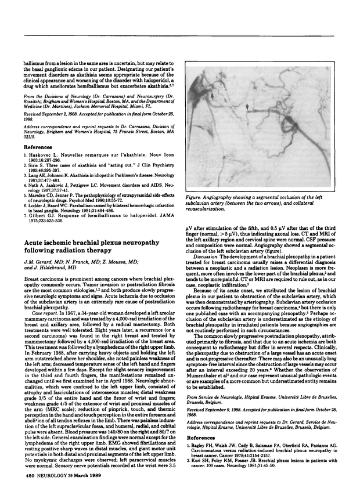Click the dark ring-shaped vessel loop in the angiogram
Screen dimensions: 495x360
coord(289,107)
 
